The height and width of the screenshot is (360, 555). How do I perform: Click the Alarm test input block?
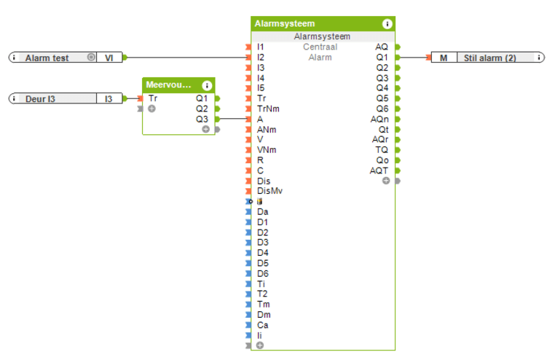(x=47, y=58)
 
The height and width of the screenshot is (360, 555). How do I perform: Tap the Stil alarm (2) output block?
(x=489, y=58)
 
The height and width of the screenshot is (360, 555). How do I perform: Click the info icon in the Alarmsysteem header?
(x=387, y=24)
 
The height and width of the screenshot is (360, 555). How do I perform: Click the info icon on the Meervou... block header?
(x=206, y=85)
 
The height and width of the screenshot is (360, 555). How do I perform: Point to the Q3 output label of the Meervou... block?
(x=202, y=119)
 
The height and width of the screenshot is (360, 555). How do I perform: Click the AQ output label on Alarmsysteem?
(x=382, y=47)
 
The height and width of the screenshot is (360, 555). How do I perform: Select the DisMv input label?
(x=269, y=191)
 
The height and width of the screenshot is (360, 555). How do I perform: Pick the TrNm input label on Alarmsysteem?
(x=267, y=109)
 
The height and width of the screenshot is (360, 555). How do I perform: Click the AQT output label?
(x=379, y=171)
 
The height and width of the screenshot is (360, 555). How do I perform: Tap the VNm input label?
(x=266, y=149)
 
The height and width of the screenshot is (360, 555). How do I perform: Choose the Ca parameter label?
(x=263, y=325)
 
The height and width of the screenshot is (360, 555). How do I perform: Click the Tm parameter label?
(x=263, y=305)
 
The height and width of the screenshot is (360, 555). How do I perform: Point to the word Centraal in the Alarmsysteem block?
(x=320, y=47)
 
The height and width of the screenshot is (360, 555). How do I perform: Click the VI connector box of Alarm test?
(x=109, y=58)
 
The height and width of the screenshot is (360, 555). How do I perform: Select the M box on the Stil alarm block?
(x=443, y=58)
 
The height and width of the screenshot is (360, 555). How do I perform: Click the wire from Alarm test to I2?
(x=186, y=57)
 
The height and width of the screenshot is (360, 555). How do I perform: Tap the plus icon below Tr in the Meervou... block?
(x=151, y=109)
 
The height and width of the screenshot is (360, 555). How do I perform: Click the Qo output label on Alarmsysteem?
(x=382, y=160)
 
